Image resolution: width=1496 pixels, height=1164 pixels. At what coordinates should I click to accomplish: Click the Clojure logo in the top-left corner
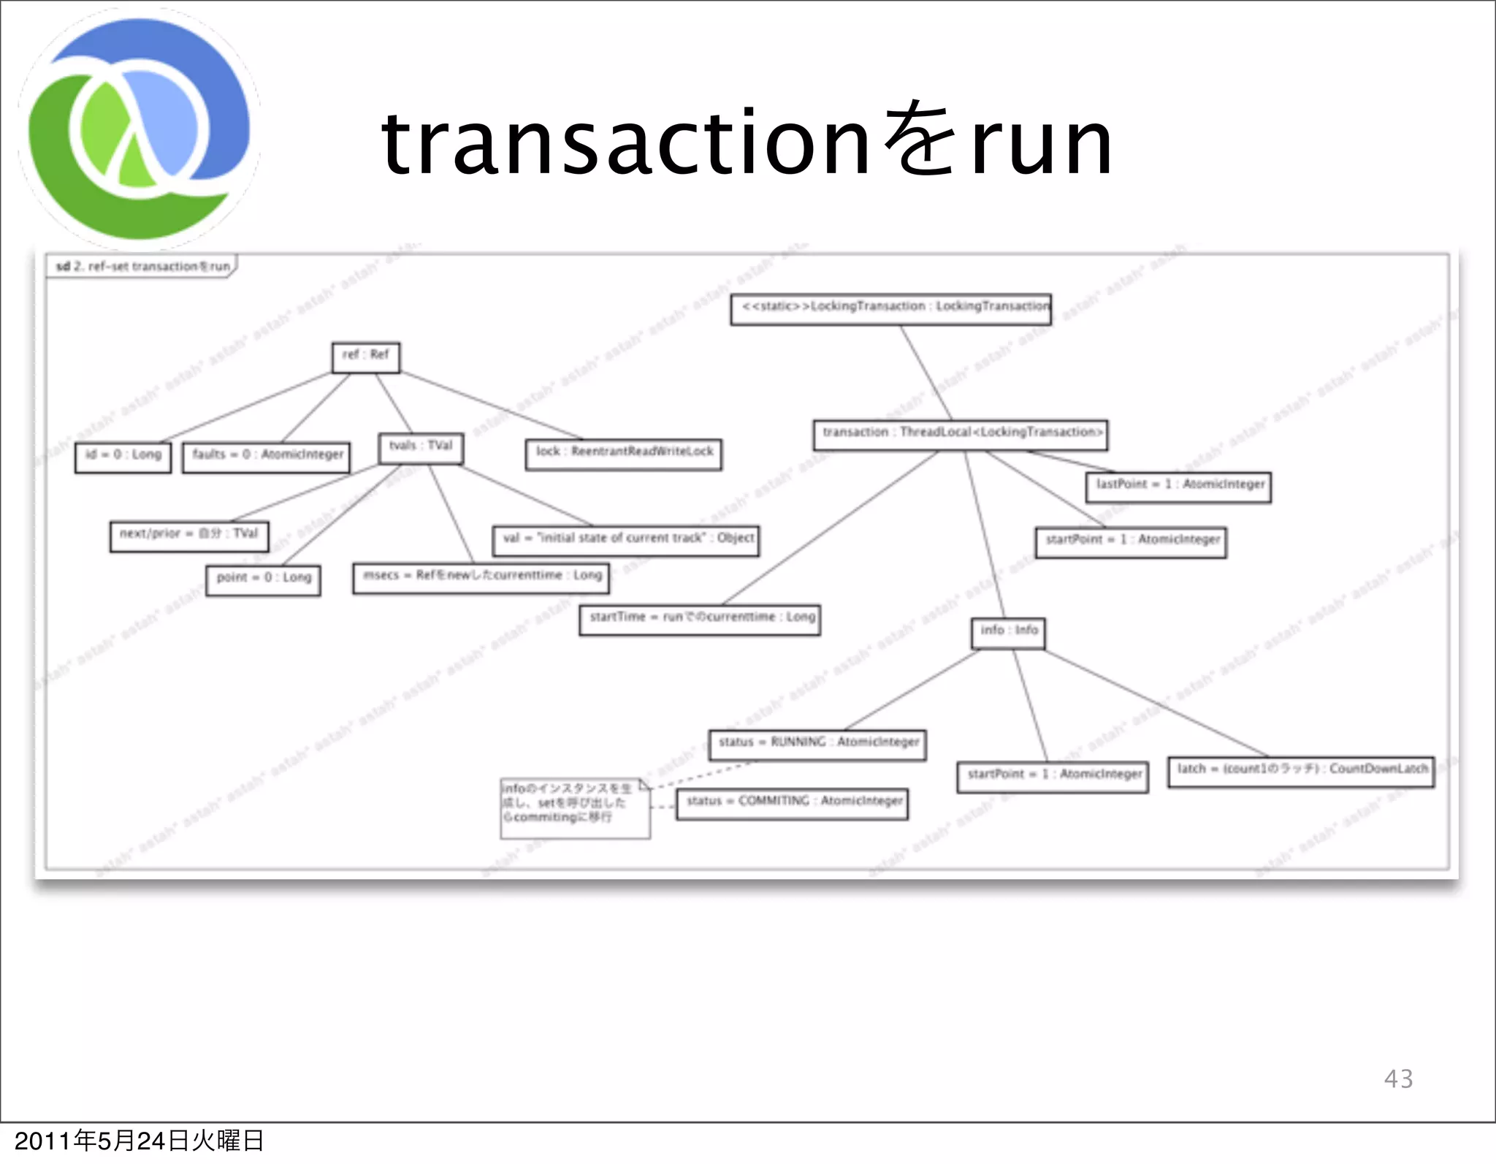(139, 128)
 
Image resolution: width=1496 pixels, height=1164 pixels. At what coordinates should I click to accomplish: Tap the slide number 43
(1398, 1079)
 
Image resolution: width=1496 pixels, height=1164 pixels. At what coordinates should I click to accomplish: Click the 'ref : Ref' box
(365, 357)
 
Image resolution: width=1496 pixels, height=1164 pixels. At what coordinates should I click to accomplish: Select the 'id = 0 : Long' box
(123, 457)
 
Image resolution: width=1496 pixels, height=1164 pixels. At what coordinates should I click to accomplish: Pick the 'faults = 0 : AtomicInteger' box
(267, 457)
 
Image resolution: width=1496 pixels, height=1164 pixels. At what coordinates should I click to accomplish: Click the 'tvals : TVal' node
(421, 448)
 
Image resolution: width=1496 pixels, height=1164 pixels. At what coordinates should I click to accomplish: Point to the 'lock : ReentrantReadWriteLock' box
(624, 454)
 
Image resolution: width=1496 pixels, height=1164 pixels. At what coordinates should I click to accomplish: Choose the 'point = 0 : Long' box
(263, 579)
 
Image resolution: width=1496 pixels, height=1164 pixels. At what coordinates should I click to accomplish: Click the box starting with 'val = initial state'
(626, 540)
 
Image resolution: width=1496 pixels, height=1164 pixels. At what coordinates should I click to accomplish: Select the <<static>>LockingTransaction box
(891, 308)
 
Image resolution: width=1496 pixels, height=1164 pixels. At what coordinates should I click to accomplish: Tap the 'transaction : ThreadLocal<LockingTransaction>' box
(961, 434)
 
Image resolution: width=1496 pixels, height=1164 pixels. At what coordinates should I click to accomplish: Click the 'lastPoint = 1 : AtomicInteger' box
(1178, 486)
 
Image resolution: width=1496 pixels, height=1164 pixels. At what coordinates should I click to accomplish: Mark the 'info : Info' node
(1008, 632)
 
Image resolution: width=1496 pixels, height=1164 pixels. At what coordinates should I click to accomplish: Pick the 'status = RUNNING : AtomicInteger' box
(817, 744)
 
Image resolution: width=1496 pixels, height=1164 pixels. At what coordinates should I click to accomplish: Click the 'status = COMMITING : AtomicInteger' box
(793, 803)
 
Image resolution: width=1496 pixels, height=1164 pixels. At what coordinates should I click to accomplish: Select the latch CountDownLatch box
(1301, 771)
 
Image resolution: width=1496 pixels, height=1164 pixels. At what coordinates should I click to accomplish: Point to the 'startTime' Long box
(700, 619)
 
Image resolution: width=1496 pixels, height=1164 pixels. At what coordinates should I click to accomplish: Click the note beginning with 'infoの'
(575, 807)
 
